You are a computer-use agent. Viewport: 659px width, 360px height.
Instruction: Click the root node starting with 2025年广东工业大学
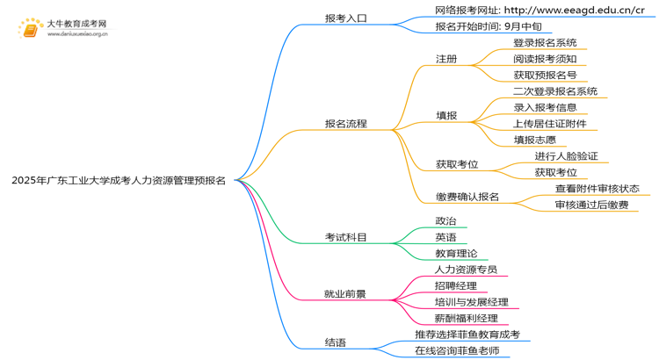119,181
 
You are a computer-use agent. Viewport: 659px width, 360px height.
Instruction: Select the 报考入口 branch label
345,18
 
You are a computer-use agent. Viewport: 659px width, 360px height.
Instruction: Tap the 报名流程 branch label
345,124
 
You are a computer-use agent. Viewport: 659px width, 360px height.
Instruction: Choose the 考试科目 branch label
345,237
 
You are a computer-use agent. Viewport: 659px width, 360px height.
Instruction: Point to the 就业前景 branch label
345,294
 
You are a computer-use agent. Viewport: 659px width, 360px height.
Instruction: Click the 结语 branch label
335,342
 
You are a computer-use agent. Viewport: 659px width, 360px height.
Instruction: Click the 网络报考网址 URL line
540,11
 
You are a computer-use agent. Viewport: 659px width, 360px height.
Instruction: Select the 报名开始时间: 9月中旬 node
488,26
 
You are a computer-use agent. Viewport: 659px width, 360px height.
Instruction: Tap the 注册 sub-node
446,59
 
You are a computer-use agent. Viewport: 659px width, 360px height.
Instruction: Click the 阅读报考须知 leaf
545,59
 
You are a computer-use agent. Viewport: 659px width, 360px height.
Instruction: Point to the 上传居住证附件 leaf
550,124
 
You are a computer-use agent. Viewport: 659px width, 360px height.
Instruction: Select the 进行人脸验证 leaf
566,156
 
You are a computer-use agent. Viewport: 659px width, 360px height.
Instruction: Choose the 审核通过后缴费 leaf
590,205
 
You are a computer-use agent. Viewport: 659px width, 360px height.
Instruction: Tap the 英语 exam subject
445,237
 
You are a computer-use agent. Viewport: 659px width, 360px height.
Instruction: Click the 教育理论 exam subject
456,254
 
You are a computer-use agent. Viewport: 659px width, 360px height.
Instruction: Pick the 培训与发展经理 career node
471,302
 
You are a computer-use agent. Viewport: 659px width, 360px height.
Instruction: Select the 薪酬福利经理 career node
466,318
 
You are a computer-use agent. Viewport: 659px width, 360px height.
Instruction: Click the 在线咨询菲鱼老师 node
457,350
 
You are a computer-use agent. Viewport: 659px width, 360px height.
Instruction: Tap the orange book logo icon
31,30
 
